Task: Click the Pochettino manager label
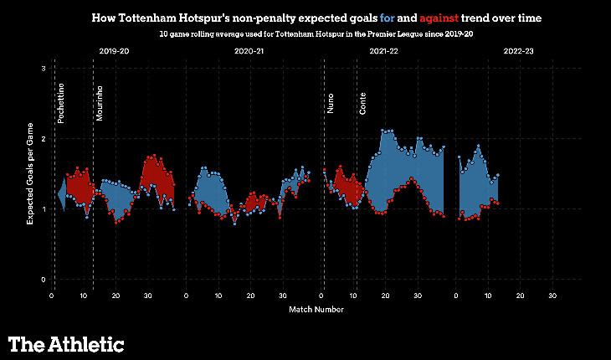point(61,103)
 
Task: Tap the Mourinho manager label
point(100,105)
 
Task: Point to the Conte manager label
point(362,102)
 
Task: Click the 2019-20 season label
point(113,52)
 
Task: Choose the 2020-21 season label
point(248,52)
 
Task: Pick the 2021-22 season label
point(383,52)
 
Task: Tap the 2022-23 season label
point(519,52)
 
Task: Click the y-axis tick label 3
point(43,69)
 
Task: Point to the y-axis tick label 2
point(43,138)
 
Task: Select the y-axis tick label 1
point(43,208)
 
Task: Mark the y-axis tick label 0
point(43,279)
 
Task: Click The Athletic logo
point(66,343)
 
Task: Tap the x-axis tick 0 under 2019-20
point(52,296)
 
